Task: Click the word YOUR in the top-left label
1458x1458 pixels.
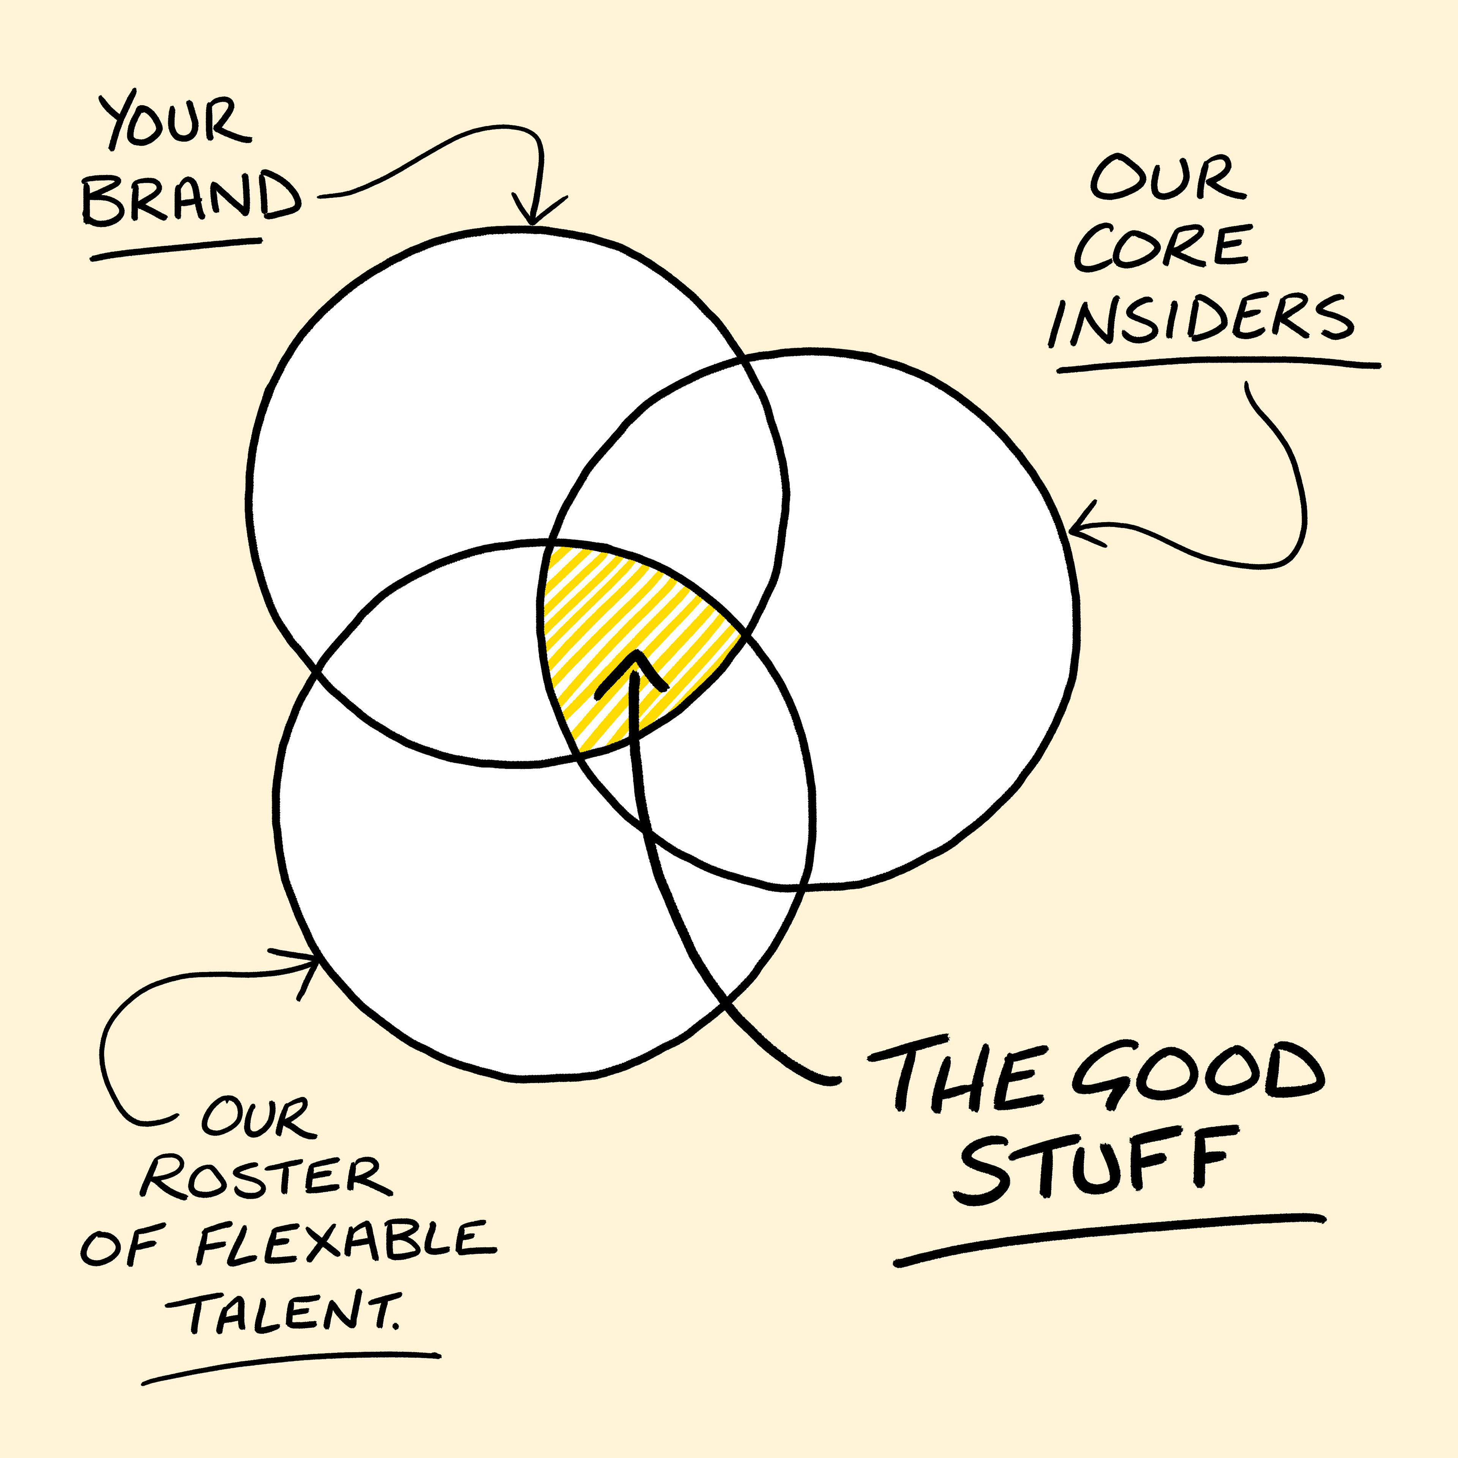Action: pyautogui.click(x=175, y=121)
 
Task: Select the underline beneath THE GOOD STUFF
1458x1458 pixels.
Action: pyautogui.click(x=1109, y=1238)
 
